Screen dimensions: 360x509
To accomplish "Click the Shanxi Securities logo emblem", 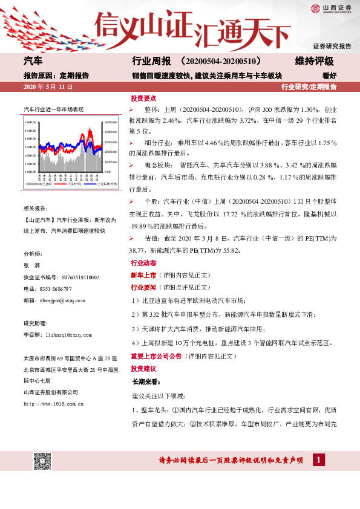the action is [315, 8].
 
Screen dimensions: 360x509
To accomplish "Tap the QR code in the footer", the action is [41, 460].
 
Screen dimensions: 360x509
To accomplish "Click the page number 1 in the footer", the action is [316, 461].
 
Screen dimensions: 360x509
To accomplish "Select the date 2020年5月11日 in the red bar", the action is [48, 88].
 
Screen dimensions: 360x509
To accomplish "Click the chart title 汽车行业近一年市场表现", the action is [53, 109].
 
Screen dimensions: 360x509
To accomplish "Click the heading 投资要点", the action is [143, 98].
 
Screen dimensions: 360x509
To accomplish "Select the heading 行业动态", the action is [143, 264].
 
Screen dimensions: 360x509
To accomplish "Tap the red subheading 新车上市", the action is [143, 275].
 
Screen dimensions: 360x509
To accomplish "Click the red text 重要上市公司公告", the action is [156, 356].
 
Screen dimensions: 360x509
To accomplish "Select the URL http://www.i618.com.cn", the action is [53, 403].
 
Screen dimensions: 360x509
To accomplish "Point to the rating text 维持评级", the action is [314, 62].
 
